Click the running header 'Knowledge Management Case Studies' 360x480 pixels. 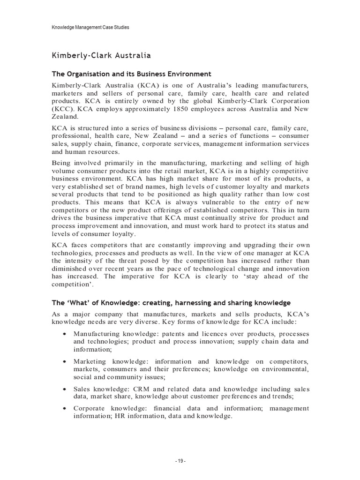90,28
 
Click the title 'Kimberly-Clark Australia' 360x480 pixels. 101,56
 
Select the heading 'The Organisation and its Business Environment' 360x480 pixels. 131,74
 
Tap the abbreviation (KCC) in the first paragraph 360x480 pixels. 62,109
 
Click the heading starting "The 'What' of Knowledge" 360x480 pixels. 171,302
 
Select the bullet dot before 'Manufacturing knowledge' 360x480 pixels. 64,334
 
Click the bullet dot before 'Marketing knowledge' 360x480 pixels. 64,361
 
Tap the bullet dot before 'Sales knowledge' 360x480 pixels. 64,389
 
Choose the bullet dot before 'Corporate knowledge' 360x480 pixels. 64,409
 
